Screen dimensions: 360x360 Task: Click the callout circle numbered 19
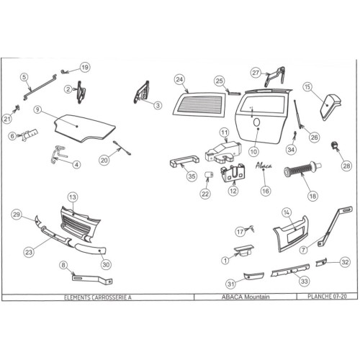point(85,67)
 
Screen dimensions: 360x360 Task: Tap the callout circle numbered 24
point(179,79)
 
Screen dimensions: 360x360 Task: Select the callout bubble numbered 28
point(346,166)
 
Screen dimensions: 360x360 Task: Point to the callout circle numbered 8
point(63,265)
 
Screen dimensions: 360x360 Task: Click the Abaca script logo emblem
point(264,166)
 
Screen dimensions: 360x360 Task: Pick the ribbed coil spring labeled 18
point(303,169)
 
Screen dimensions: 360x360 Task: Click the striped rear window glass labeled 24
point(199,105)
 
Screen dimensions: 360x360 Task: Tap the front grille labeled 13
point(81,222)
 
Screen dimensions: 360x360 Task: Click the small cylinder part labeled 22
point(209,175)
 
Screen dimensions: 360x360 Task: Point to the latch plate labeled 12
point(233,172)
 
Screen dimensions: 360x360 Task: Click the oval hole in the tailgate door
point(256,122)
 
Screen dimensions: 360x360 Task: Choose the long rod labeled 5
point(40,87)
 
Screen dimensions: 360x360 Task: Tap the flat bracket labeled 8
point(92,279)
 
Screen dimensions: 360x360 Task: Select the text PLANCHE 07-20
point(327,297)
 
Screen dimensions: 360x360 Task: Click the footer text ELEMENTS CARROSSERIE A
point(98,297)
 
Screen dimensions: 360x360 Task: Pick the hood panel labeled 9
point(84,128)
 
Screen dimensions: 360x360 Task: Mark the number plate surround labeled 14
point(291,233)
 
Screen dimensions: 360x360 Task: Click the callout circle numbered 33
point(304,281)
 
